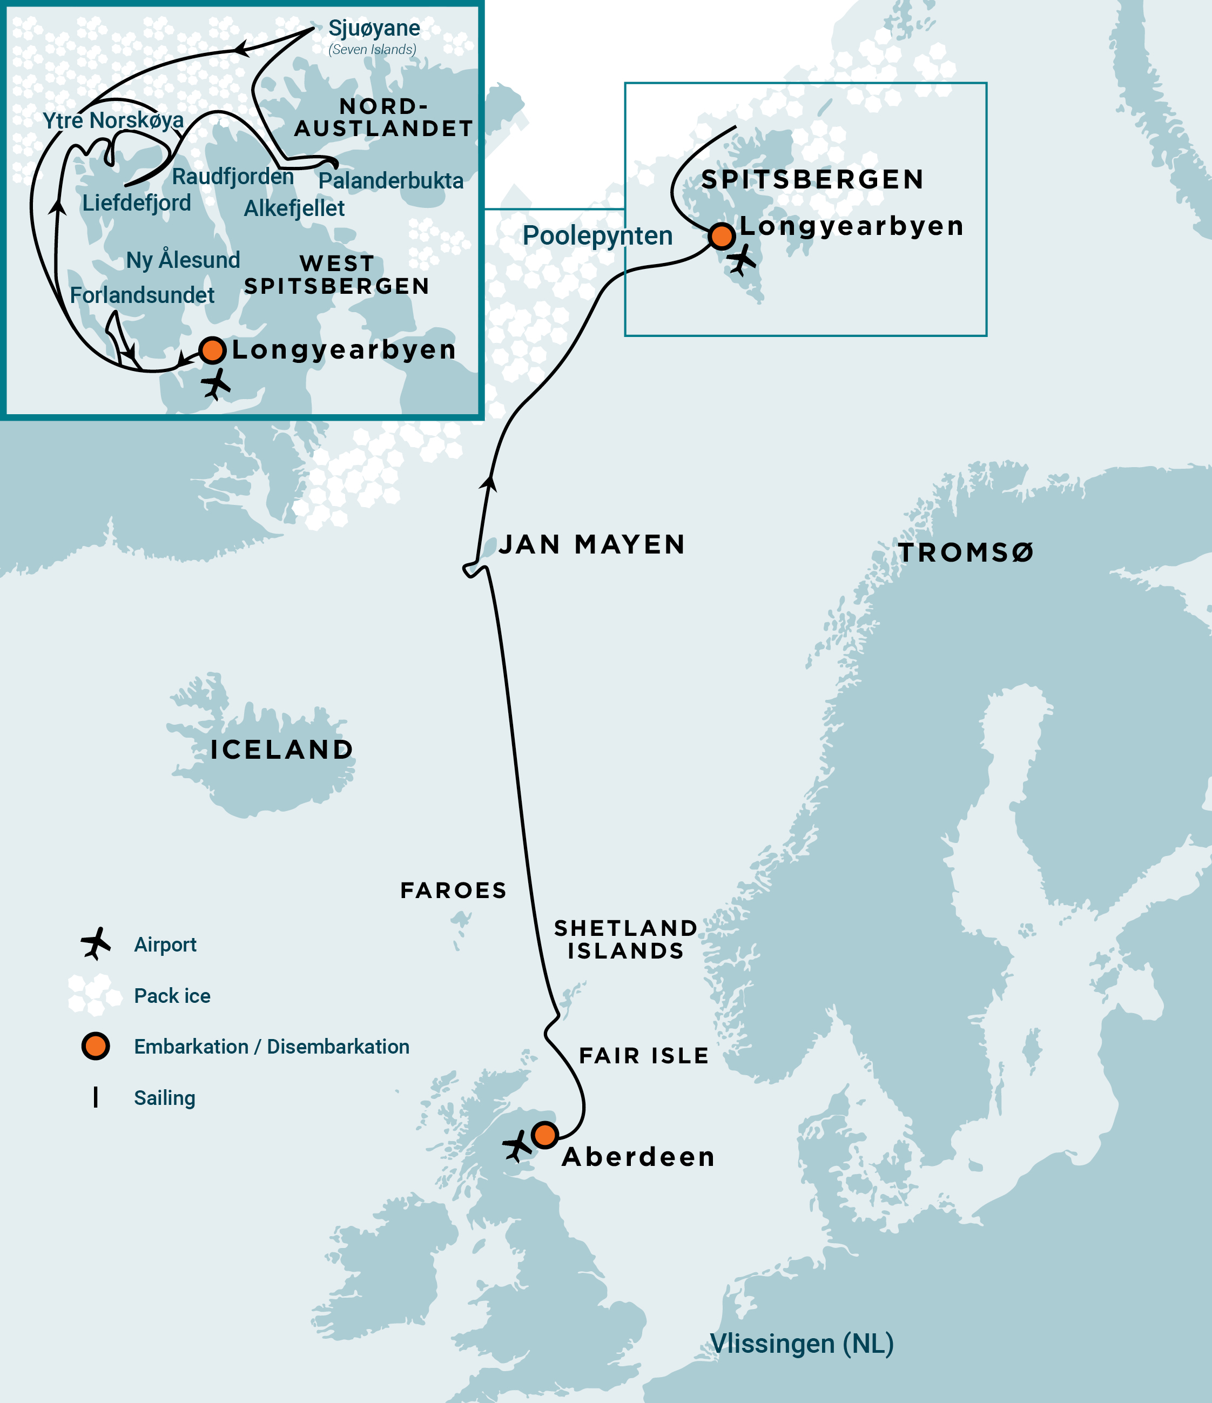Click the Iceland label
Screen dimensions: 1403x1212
[282, 750]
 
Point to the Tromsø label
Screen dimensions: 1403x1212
[966, 553]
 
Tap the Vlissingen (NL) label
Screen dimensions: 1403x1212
[802, 1344]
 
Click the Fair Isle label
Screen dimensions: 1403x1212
[644, 1056]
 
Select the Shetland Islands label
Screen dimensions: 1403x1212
[625, 940]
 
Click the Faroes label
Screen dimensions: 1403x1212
[454, 891]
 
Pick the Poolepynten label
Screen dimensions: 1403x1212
[597, 235]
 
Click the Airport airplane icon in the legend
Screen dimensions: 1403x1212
[96, 943]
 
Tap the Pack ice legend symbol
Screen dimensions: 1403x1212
[90, 994]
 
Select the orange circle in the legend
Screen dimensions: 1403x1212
[96, 1046]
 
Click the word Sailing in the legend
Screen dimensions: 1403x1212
[165, 1098]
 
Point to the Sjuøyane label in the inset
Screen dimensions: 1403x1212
[374, 29]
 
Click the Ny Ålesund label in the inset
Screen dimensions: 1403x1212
[183, 260]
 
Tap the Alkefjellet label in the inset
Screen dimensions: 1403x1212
[294, 208]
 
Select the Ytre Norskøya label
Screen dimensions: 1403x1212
[113, 120]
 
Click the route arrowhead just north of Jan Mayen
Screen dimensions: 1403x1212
[489, 483]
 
